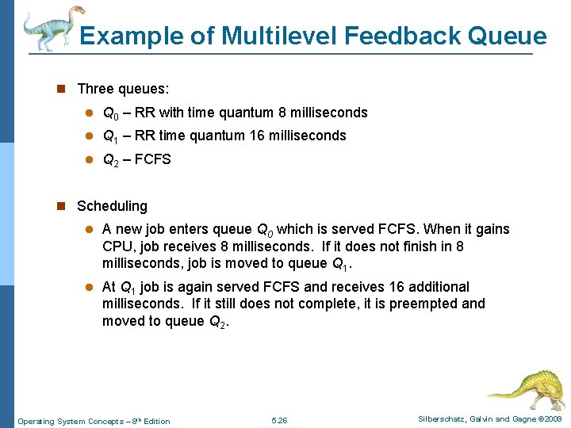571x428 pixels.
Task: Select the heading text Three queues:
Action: click(123, 90)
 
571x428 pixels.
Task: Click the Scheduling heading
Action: click(112, 206)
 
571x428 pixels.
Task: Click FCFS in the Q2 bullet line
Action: click(152, 159)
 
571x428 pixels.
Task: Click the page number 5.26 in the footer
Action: click(279, 420)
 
